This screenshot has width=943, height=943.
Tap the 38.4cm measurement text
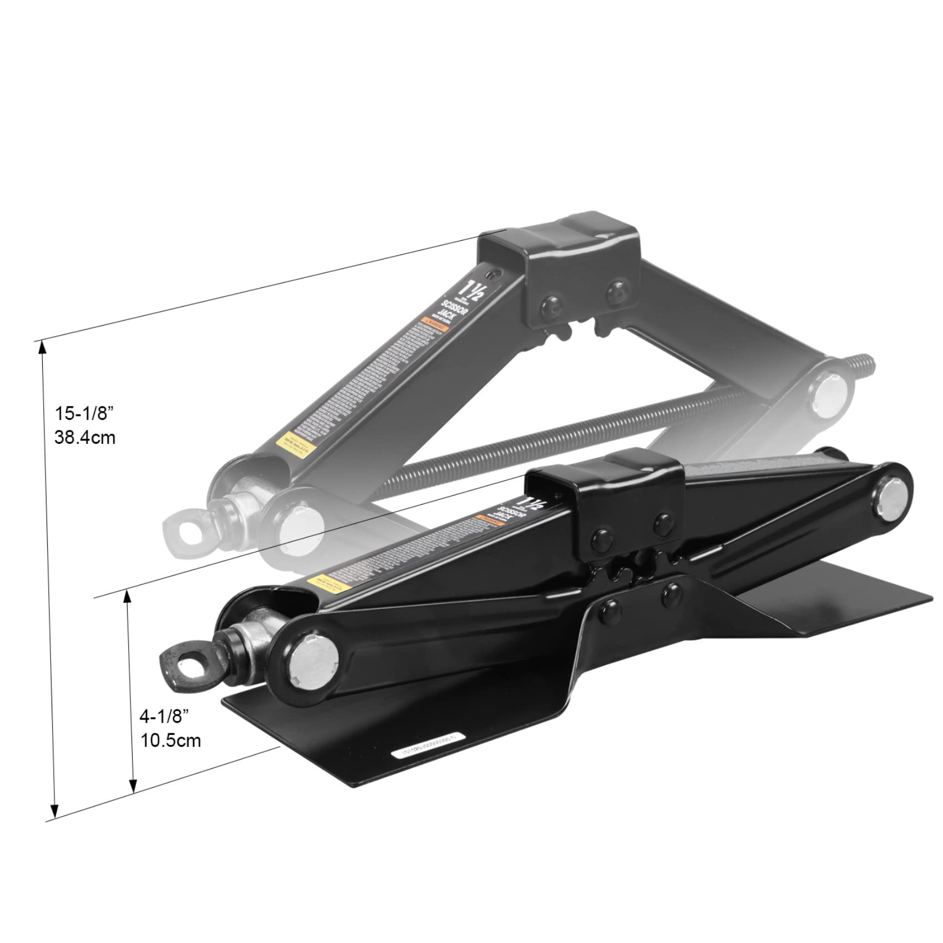[x=85, y=438]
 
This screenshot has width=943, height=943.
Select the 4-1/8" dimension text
[x=164, y=716]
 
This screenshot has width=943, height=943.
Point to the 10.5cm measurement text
[x=170, y=741]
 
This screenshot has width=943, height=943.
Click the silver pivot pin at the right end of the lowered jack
[x=891, y=497]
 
